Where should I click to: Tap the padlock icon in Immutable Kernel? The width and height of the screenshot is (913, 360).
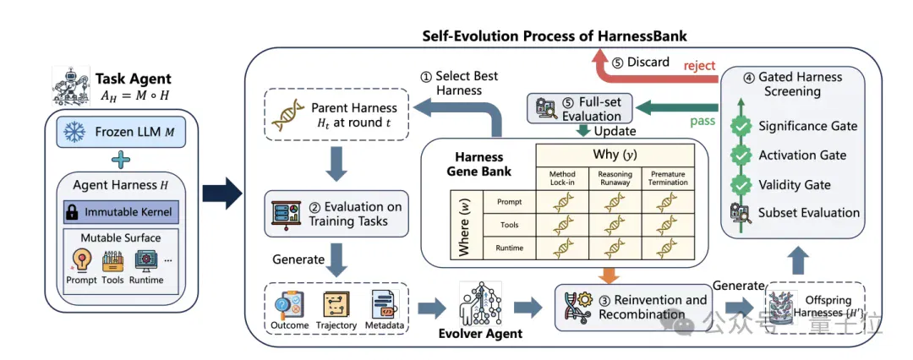[73, 212]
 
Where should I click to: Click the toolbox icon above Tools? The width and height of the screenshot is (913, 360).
[112, 260]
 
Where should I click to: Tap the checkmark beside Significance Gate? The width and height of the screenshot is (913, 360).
[741, 126]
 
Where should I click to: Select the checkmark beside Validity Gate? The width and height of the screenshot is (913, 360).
[741, 185]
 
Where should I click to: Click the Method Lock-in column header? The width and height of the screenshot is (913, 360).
[562, 178]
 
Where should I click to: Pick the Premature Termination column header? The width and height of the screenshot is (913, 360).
[667, 178]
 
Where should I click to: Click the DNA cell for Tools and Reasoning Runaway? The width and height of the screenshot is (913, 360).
[615, 224]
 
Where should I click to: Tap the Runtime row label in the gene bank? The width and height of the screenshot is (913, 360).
[510, 248]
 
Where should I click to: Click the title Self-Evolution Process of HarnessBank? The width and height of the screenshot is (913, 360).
[555, 36]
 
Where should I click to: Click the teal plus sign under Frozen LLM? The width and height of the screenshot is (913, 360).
[121, 160]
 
